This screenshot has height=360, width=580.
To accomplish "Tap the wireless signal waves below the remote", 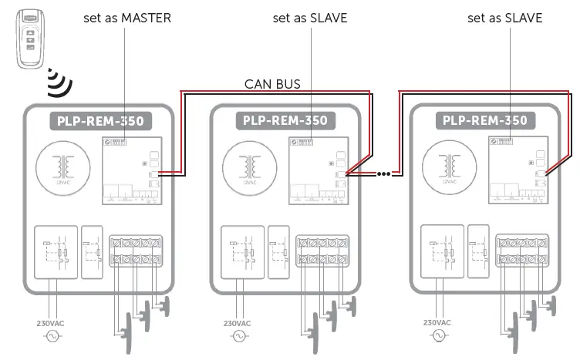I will pyautogui.click(x=56, y=82).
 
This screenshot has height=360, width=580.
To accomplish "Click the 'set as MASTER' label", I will pyautogui.click(x=127, y=18).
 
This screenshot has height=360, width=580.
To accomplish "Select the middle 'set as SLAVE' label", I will pyautogui.click(x=310, y=18).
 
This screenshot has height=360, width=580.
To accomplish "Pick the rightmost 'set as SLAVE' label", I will pyautogui.click(x=505, y=18).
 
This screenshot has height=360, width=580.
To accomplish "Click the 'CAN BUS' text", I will pyautogui.click(x=272, y=83).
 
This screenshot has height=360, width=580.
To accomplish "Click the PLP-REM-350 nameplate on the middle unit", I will pyautogui.click(x=285, y=121).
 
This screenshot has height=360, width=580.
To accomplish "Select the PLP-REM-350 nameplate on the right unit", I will pyautogui.click(x=485, y=121).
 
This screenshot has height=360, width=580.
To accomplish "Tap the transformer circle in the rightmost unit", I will pyautogui.click(x=447, y=169).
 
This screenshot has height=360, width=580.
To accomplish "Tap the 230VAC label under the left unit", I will pyautogui.click(x=51, y=323).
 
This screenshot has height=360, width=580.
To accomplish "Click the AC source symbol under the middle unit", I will pyautogui.click(x=238, y=336).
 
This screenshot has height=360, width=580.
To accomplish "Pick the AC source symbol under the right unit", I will pyautogui.click(x=438, y=336).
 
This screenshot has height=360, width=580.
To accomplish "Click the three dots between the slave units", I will pyautogui.click(x=383, y=174).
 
